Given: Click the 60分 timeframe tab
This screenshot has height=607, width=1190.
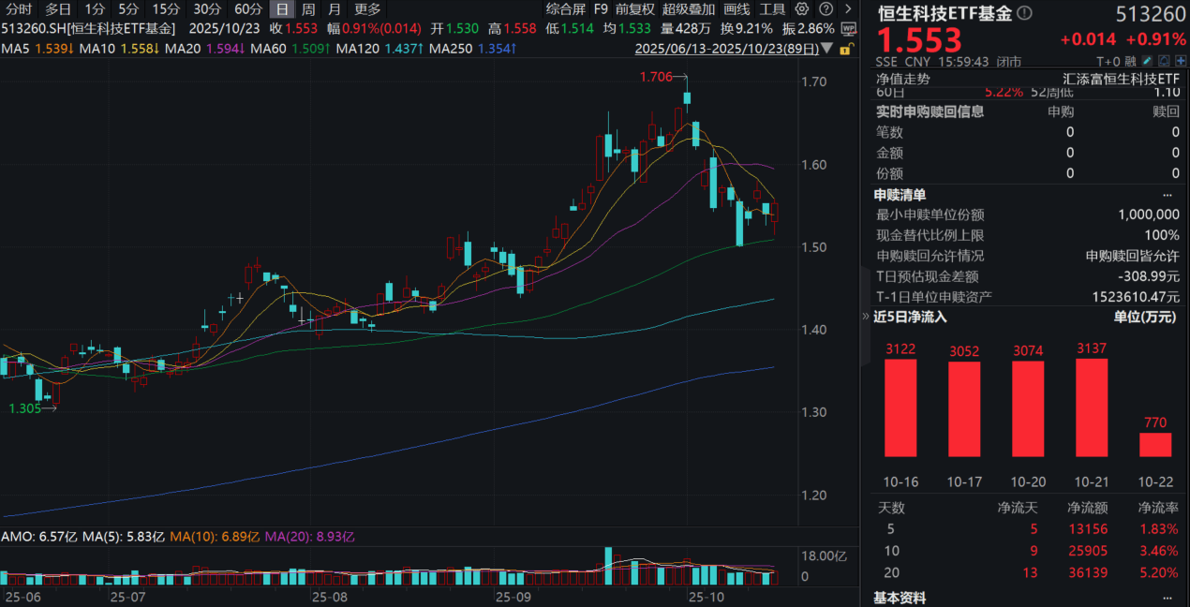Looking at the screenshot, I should click(248, 8).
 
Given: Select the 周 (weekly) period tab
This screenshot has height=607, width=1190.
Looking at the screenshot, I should click(308, 8).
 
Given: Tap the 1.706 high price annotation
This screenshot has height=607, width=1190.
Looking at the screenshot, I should click(657, 77).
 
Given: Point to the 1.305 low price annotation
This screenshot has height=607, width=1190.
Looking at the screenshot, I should click(25, 408).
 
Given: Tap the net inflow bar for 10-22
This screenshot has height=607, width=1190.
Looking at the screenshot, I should click(1155, 444).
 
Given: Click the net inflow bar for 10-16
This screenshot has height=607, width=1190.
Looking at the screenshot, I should click(900, 407).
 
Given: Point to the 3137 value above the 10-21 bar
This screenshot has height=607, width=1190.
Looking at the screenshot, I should click(1092, 349).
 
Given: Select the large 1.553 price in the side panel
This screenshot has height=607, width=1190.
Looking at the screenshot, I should click(919, 40).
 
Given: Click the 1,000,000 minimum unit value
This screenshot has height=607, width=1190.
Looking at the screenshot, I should click(1148, 215).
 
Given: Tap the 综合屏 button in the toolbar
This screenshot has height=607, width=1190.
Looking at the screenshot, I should click(565, 8).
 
